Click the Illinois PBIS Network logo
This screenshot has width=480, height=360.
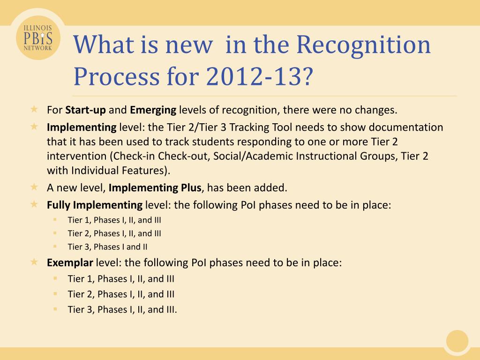pyautogui.click(x=38, y=37)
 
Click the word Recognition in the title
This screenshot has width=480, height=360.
pyautogui.click(x=363, y=45)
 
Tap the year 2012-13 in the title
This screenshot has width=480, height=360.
pyautogui.click(x=254, y=76)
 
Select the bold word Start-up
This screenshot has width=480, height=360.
pyautogui.click(x=85, y=110)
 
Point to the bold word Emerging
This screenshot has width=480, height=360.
pyautogui.click(x=153, y=110)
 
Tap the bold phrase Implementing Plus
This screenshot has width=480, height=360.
pyautogui.click(x=155, y=187)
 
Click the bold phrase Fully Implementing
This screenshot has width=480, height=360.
pyautogui.click(x=95, y=205)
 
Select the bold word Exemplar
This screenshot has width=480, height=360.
pyautogui.click(x=70, y=262)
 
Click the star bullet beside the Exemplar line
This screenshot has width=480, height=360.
pyautogui.click(x=34, y=262)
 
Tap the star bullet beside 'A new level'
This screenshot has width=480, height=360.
pyautogui.click(x=34, y=187)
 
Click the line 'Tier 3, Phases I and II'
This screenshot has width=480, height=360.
pyautogui.click(x=107, y=247)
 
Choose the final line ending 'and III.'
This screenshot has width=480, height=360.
pyautogui.click(x=122, y=309)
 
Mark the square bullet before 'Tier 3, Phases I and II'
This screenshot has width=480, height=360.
pyautogui.click(x=55, y=246)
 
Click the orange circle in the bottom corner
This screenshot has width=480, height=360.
pyautogui.click(x=457, y=341)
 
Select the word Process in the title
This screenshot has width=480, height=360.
pyautogui.click(x=117, y=76)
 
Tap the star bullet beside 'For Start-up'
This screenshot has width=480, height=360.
pyautogui.click(x=34, y=109)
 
